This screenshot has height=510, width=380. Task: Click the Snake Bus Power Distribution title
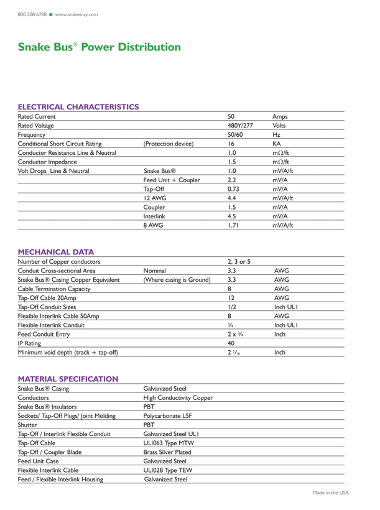(100, 47)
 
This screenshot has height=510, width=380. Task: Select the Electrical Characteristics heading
(78, 107)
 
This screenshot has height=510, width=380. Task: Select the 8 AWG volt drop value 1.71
(234, 225)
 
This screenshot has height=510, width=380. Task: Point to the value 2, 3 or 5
(239, 261)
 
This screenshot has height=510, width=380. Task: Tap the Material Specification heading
(68, 378)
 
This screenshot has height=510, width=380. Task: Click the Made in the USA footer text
(330, 493)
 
